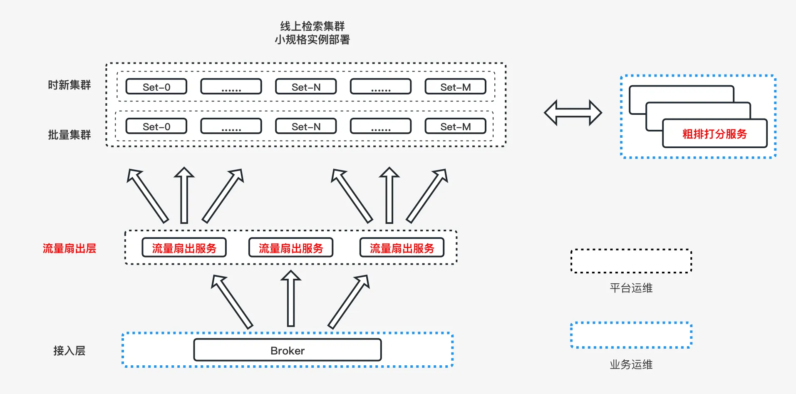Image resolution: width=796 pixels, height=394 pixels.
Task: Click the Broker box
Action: tap(287, 350)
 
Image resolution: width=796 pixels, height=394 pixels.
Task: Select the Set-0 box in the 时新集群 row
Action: tap(156, 87)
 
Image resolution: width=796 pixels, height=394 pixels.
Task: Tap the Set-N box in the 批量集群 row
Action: tap(306, 126)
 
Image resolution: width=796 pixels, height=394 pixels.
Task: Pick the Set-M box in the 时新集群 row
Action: tap(455, 87)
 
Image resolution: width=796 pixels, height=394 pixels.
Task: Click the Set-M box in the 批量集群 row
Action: tap(455, 126)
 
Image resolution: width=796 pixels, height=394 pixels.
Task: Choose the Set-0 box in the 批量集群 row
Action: tap(156, 126)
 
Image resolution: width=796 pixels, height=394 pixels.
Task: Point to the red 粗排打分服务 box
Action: tap(714, 134)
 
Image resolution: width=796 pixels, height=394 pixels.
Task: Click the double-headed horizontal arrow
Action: tap(573, 112)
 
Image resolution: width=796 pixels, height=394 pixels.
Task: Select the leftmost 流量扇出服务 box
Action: tap(184, 248)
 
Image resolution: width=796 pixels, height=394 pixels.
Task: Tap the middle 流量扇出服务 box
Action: tap(291, 248)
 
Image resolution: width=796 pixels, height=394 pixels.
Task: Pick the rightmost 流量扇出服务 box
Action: tap(402, 248)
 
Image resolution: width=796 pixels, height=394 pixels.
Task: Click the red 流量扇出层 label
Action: tap(69, 248)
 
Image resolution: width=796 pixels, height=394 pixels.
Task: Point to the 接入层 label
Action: tap(69, 351)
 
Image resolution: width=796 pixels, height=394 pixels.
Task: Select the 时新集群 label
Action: tap(69, 85)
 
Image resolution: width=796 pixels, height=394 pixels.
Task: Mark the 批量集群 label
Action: tap(69, 135)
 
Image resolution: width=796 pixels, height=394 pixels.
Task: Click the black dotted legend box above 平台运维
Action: tap(631, 261)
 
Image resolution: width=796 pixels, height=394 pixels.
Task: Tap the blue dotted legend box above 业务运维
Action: tap(631, 335)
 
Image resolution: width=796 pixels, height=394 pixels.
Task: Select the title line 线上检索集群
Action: tap(312, 26)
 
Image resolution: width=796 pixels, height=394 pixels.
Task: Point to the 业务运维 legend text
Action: tap(631, 364)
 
